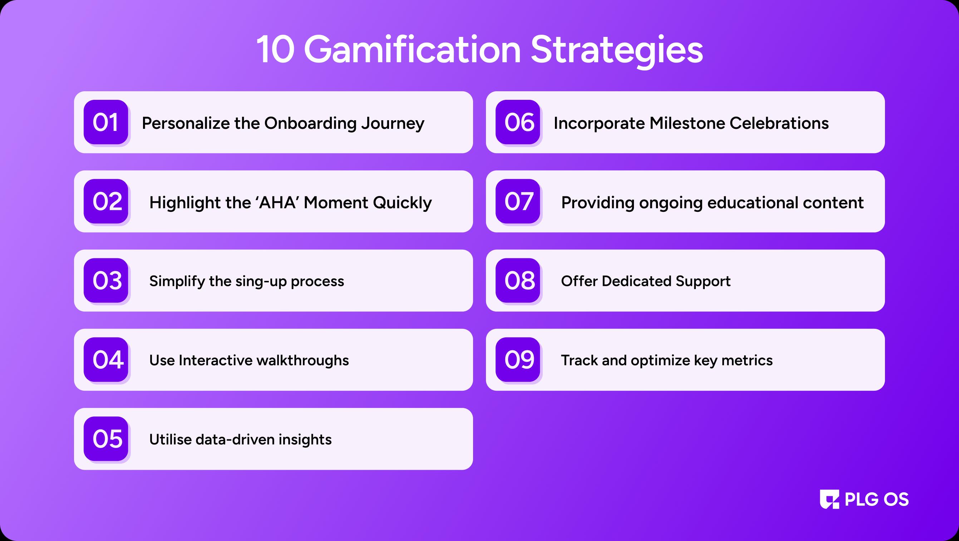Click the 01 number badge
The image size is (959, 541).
(106, 122)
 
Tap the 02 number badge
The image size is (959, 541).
(106, 201)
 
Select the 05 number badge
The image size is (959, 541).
(106, 439)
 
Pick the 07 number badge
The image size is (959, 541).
(518, 201)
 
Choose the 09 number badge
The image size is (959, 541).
(518, 360)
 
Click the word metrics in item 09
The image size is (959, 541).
(747, 360)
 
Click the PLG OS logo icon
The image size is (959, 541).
(830, 499)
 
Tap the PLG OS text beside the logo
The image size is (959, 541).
(877, 499)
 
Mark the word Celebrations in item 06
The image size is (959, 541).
(779, 123)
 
